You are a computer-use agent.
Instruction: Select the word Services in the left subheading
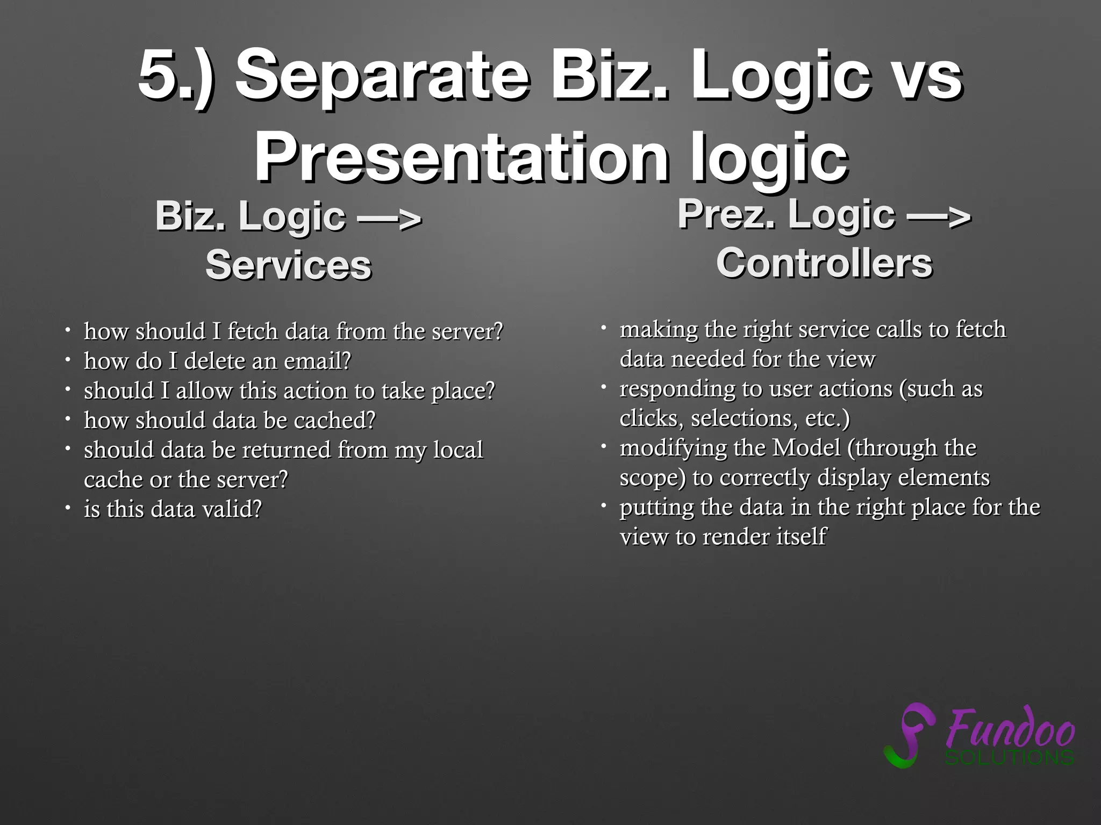tap(288, 265)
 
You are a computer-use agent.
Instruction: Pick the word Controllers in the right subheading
tap(824, 263)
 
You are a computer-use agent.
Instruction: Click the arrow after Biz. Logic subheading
tap(390, 218)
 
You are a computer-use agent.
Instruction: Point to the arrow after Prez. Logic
tap(939, 215)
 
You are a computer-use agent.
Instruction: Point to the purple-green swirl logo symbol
tap(909, 735)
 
